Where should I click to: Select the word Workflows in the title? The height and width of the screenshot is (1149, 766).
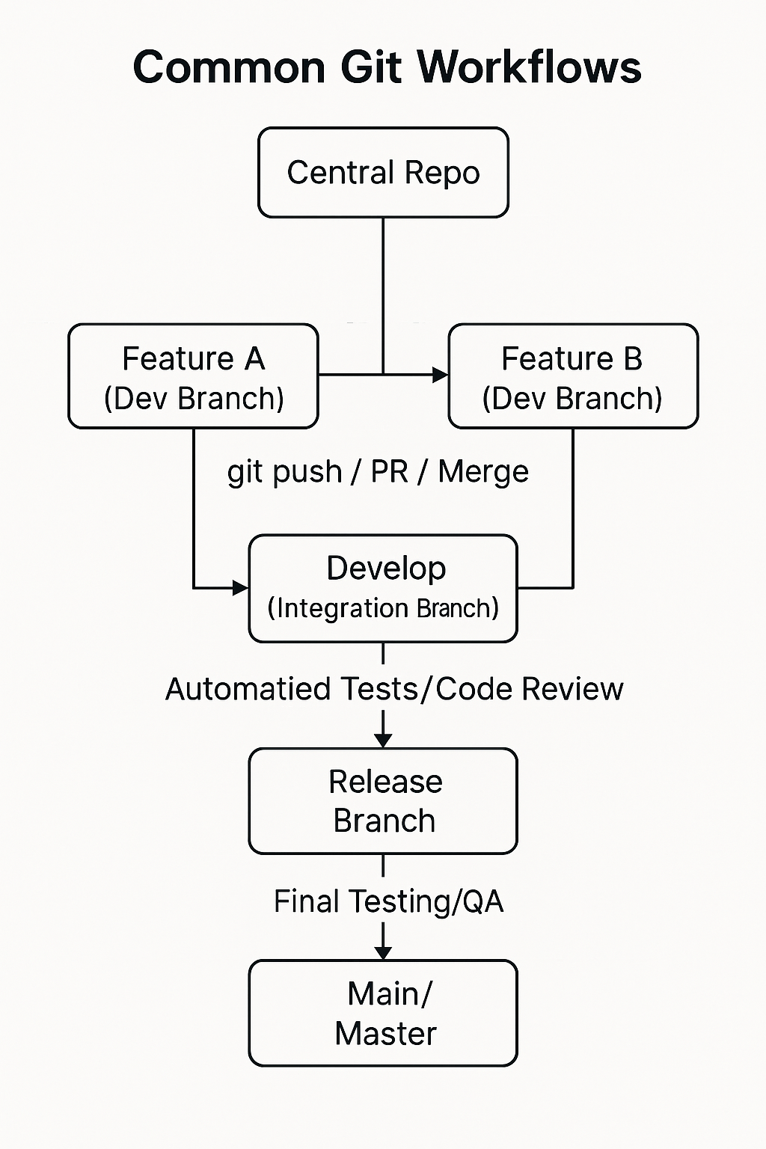click(x=529, y=67)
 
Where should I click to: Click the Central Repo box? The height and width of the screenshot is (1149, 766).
click(x=383, y=173)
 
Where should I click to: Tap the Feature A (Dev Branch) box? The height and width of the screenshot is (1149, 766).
click(x=193, y=376)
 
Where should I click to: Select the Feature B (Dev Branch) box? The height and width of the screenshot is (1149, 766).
click(x=573, y=376)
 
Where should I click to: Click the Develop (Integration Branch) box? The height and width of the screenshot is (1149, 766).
click(x=383, y=588)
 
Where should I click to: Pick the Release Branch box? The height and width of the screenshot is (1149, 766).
click(x=383, y=800)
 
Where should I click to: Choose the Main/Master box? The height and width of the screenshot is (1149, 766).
click(x=383, y=1013)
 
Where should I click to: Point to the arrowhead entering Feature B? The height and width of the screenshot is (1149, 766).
click(x=441, y=375)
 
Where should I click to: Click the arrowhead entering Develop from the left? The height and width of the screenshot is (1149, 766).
click(x=241, y=588)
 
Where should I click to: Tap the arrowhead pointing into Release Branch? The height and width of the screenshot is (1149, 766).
click(x=383, y=740)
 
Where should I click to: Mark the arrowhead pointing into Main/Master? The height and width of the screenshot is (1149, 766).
click(x=383, y=952)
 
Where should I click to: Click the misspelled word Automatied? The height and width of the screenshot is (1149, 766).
click(x=248, y=689)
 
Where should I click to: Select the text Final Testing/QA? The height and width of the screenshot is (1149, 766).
click(x=388, y=901)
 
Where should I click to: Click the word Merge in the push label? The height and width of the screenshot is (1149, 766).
click(x=483, y=472)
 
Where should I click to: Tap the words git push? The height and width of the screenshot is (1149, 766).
click(x=284, y=472)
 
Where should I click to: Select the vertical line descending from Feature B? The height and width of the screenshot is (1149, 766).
click(x=573, y=509)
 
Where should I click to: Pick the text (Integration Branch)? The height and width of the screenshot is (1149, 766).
click(x=383, y=608)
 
